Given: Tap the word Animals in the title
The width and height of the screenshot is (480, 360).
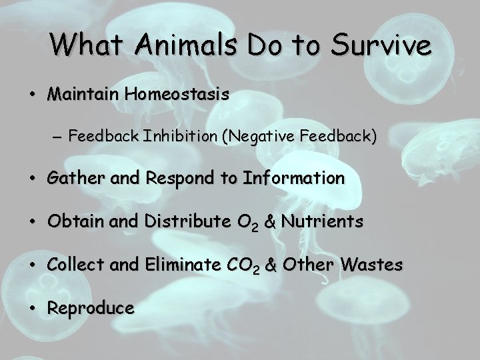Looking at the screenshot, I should (x=172, y=45).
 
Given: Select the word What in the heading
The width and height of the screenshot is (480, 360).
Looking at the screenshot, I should (x=85, y=45).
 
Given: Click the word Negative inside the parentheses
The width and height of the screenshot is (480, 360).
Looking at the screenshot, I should (x=263, y=137).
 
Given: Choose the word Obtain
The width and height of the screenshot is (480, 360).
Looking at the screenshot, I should (x=71, y=221).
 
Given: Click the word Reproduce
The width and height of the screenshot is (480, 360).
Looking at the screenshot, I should (x=91, y=308).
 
